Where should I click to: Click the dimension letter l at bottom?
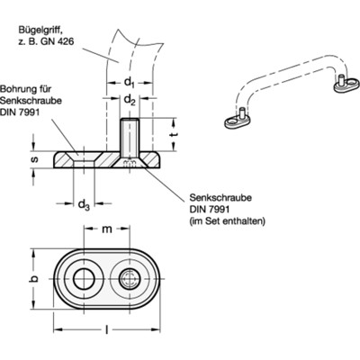coord(108,332)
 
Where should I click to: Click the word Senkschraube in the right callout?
coord(220,195)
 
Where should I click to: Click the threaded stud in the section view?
coord(131,135)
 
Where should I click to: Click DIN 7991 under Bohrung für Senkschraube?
coord(29,114)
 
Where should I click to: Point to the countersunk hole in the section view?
coord(86,158)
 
